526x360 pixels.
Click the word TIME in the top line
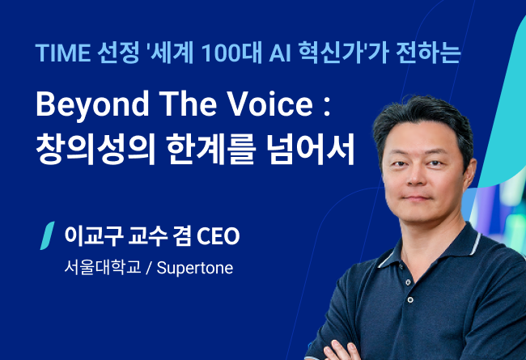63,53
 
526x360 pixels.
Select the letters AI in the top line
280,53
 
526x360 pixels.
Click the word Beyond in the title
92,104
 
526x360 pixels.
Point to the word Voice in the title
270,104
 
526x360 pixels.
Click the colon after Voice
327,108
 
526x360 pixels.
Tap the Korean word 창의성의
95,148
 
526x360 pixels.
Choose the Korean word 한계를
212,148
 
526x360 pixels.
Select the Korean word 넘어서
310,148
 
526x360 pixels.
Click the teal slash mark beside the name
47,235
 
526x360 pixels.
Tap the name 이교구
94,236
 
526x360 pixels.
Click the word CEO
218,236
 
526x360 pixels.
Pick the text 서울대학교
103,268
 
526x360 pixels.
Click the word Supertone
195,268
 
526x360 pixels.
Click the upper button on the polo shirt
408,282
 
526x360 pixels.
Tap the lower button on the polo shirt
410,299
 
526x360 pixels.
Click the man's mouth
417,197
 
